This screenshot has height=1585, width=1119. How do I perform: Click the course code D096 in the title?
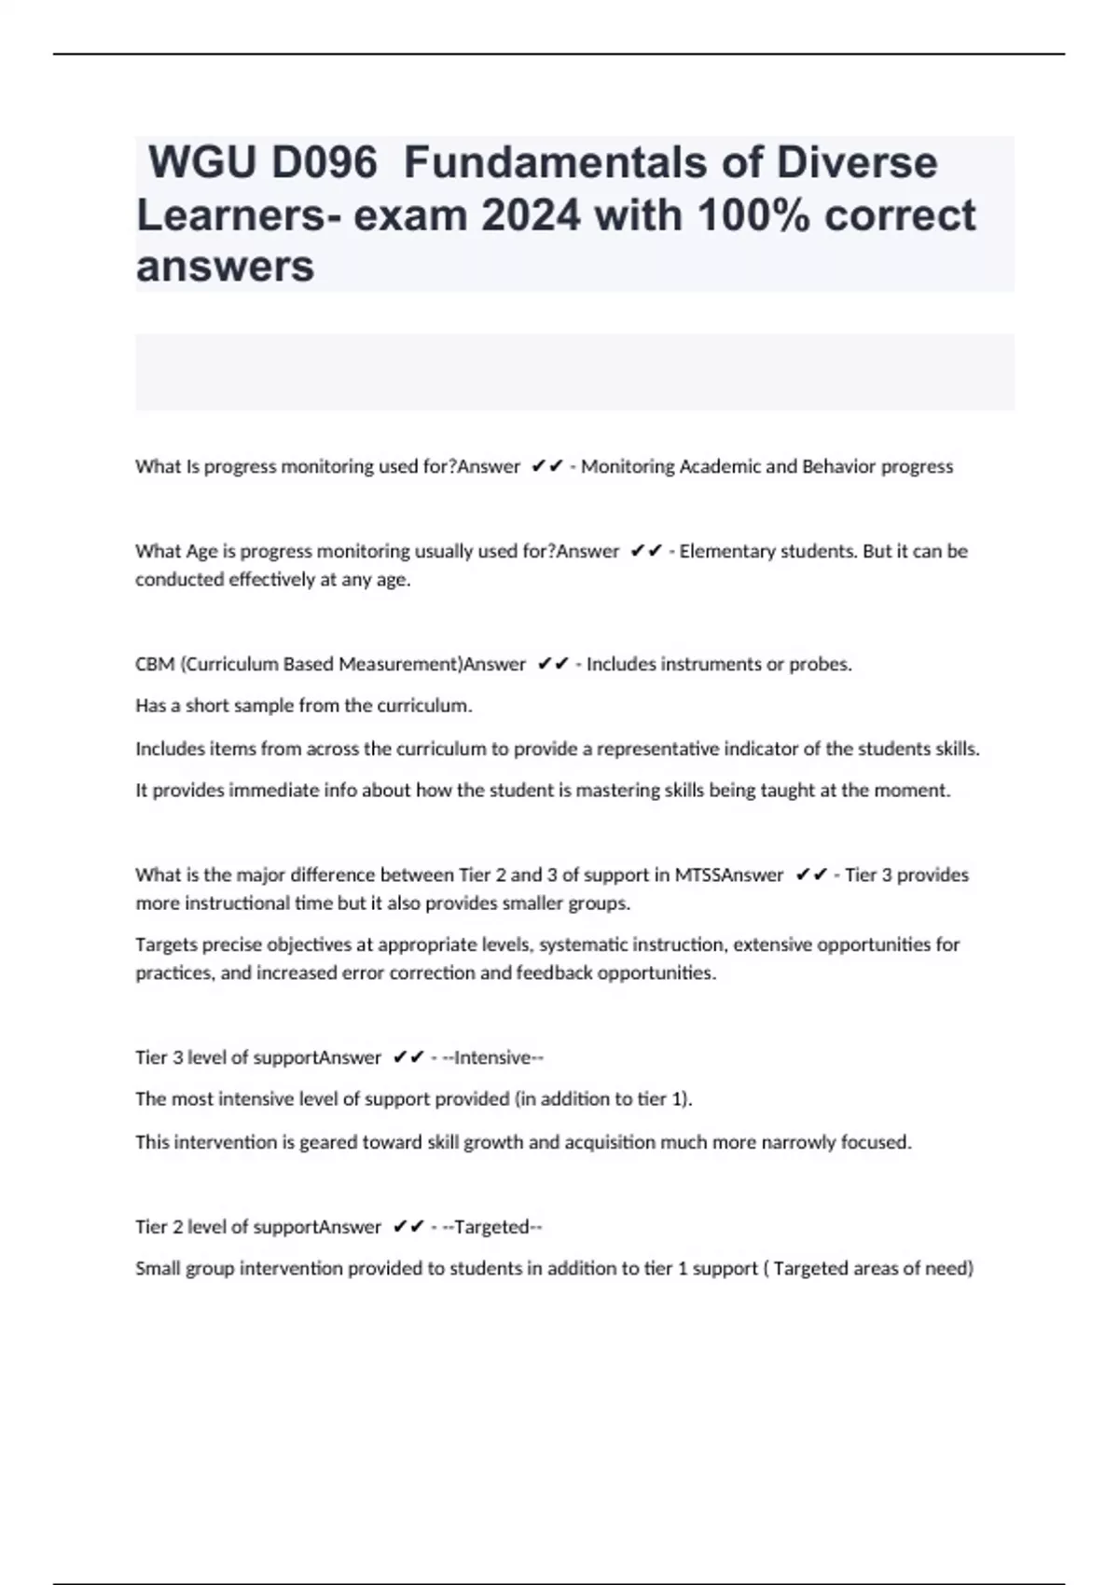[324, 162]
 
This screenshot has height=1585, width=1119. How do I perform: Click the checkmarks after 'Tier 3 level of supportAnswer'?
[408, 1057]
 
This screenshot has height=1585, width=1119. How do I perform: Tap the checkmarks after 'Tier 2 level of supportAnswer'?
[408, 1227]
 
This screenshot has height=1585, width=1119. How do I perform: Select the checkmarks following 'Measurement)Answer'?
[553, 664]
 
